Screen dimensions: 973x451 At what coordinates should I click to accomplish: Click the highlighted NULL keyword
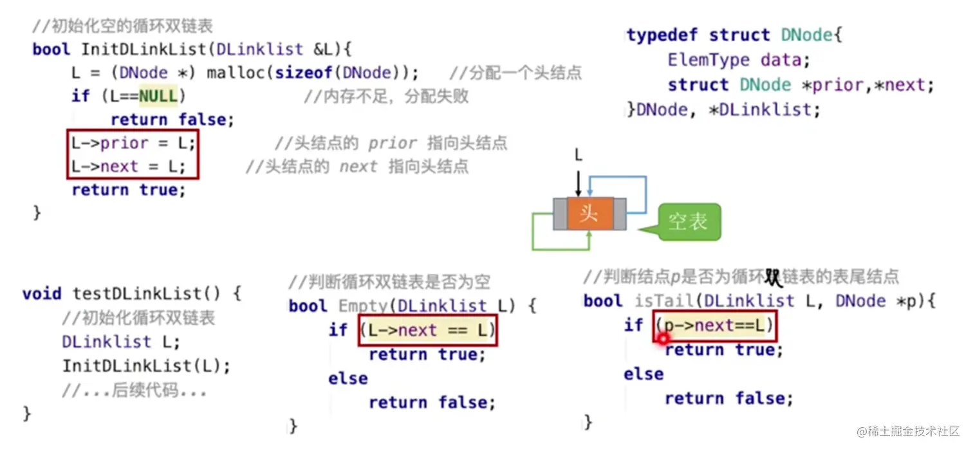pos(158,95)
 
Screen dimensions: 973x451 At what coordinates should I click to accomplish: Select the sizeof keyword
pos(304,73)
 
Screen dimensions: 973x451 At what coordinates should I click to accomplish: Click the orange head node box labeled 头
pos(589,214)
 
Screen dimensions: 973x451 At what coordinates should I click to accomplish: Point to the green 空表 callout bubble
pos(689,222)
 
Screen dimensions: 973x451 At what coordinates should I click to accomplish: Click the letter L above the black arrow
pos(578,155)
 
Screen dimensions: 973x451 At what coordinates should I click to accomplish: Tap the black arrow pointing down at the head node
pos(578,183)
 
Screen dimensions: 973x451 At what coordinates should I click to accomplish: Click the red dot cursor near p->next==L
pos(663,338)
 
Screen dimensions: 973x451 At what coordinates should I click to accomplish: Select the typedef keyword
pos(662,35)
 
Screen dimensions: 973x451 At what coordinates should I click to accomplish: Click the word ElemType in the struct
pos(709,59)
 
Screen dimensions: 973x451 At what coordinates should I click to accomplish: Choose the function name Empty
pos(362,306)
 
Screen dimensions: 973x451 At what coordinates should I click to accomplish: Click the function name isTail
pos(664,301)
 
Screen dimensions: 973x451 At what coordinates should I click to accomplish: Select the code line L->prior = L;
pos(133,143)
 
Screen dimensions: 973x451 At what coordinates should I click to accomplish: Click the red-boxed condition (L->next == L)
pos(428,330)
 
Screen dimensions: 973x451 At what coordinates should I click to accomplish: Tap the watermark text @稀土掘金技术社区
pos(908,431)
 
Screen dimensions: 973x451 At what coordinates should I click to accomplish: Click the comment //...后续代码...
pos(134,391)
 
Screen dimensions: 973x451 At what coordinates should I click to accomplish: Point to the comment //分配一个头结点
pos(515,73)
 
